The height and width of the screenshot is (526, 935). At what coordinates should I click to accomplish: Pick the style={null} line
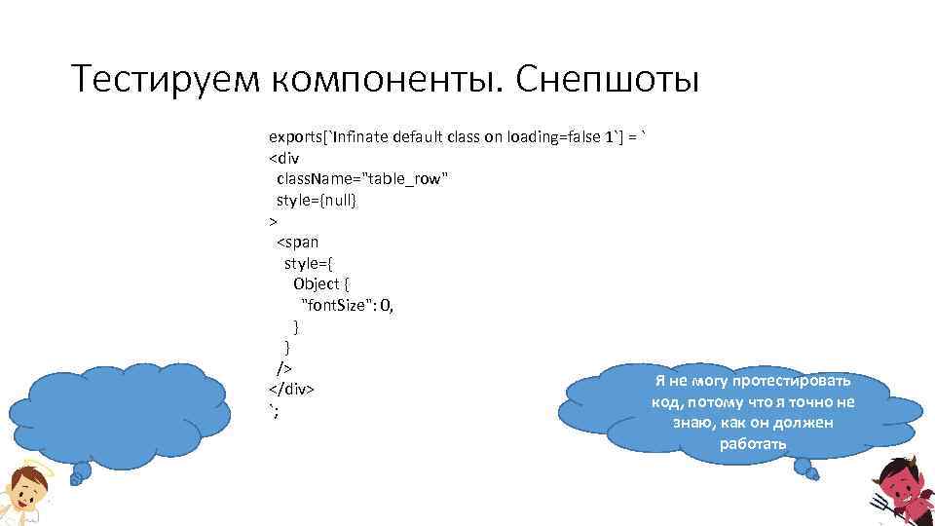[x=317, y=200]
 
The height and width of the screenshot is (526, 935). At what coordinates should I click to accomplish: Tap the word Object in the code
[x=317, y=283]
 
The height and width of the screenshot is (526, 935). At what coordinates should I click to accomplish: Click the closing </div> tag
[x=291, y=389]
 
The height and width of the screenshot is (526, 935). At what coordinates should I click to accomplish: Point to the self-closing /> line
[x=284, y=368]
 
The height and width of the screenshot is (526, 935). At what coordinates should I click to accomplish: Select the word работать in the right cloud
[x=752, y=444]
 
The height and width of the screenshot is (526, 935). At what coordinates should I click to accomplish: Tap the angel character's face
[x=21, y=492]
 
